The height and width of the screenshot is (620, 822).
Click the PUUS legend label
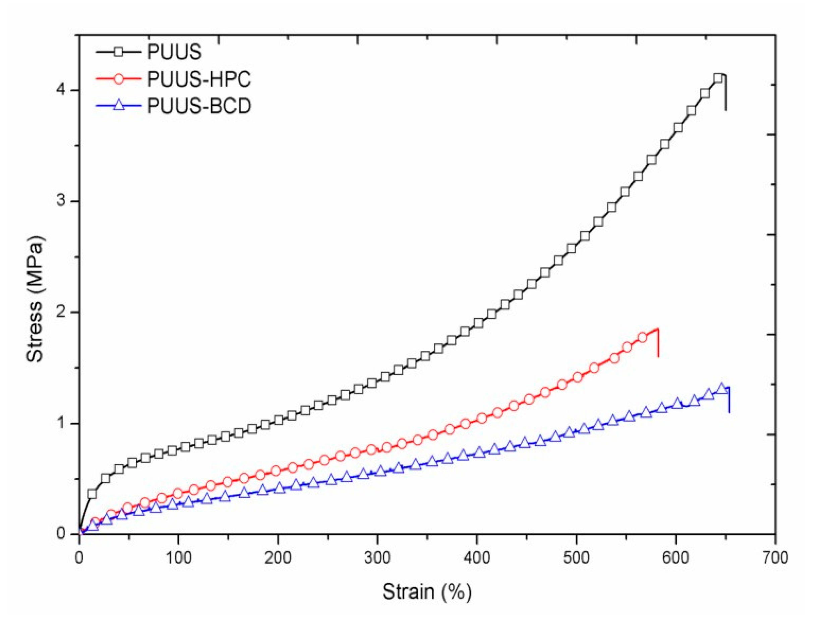(174, 52)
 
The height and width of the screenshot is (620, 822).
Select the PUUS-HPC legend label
(199, 79)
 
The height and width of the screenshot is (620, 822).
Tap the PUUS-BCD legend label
(199, 106)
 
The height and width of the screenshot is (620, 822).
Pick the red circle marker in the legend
(119, 79)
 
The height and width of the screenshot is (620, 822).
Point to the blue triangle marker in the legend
(119, 106)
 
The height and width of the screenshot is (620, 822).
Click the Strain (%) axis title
(427, 592)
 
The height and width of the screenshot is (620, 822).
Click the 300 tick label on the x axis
(377, 558)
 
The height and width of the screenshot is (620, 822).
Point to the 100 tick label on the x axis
(178, 558)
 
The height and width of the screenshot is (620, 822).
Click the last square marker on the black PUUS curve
(718, 78)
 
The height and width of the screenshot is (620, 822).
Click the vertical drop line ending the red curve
(658, 343)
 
